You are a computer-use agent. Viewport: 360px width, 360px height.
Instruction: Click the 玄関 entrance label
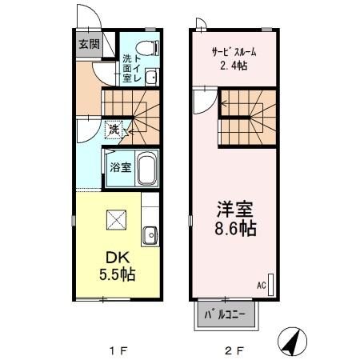coord(89,44)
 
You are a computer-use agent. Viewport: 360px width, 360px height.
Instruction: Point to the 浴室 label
coord(120,170)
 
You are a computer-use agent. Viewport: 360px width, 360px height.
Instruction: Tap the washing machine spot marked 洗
coord(115,129)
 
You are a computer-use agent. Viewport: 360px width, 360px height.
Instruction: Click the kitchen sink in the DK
coord(149,235)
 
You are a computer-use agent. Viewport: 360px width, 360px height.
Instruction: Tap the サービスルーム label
coord(235,52)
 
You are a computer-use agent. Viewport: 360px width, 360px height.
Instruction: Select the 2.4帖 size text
coord(234,66)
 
